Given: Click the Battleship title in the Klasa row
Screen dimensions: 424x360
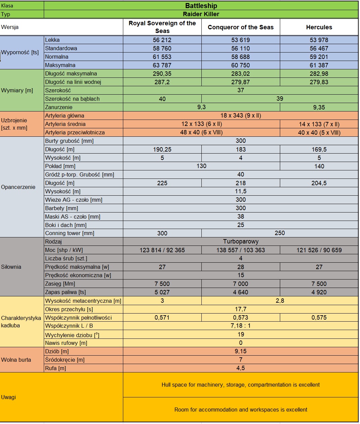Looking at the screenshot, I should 201,6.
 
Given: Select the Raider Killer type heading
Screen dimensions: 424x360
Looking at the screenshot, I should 201,14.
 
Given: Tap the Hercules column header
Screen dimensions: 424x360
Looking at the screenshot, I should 319,27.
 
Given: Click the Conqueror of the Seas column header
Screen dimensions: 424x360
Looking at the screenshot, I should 240,27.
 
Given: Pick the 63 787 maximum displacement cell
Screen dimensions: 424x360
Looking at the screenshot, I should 162,65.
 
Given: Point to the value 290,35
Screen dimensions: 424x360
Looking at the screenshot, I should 162,74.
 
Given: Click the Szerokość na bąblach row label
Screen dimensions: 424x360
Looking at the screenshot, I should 72,99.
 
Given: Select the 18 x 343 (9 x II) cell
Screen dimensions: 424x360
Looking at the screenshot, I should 240,116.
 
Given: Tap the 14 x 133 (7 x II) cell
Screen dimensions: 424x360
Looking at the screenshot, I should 319,124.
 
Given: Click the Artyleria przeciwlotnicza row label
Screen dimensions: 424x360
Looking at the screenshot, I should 75,133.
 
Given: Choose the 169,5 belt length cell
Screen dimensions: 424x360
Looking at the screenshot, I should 319,150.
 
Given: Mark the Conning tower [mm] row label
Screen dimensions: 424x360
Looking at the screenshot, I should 70,233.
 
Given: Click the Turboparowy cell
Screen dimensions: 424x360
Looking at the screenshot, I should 240,241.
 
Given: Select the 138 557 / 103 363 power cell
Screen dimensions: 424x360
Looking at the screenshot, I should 240,250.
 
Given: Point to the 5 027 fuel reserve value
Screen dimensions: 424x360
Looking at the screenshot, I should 162,292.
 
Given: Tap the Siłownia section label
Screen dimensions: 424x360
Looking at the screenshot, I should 11,267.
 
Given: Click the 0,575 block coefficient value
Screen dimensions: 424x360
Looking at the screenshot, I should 319,318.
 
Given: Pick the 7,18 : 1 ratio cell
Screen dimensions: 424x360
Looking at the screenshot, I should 240,326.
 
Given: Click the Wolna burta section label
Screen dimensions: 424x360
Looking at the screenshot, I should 16,360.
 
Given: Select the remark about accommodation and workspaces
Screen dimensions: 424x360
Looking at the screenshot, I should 240,410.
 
